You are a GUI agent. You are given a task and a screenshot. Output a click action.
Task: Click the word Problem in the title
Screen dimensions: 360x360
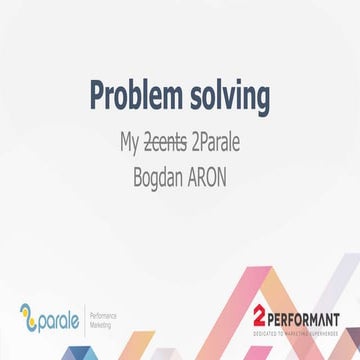[x=133, y=97]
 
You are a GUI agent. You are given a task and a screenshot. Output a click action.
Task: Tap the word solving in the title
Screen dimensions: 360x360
[x=226, y=98]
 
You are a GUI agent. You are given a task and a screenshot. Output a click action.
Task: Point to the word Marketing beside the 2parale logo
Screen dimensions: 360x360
[x=106, y=324]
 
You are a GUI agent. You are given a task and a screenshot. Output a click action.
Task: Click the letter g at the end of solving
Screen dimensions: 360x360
[x=262, y=100]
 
